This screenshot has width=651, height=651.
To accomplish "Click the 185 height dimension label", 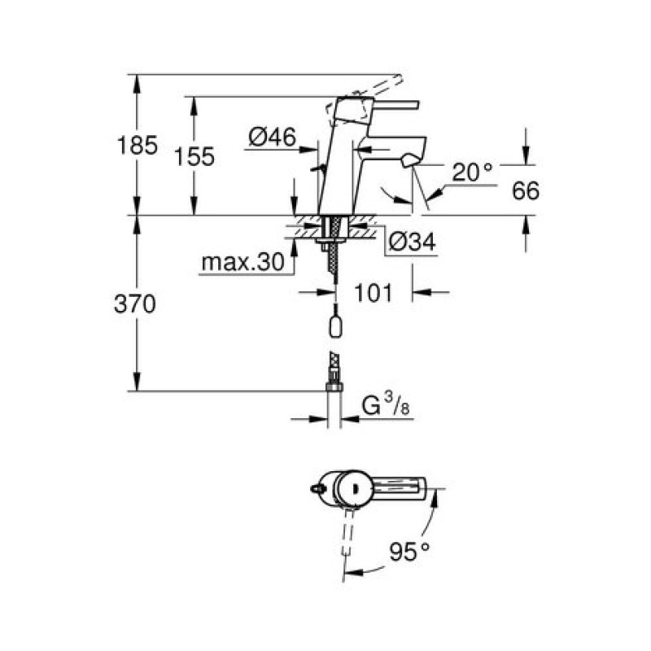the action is (138, 146).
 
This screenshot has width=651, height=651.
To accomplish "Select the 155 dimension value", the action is (194, 157).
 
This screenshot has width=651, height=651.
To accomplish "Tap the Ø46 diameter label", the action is (273, 137).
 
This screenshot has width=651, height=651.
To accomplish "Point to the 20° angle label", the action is (472, 172).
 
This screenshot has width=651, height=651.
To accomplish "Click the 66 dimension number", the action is (526, 190).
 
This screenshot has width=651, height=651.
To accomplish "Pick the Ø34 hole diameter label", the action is (413, 242).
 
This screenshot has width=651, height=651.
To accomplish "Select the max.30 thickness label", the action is (242, 262).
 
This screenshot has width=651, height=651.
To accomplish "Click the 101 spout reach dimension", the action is (373, 293).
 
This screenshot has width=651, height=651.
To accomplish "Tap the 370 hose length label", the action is (135, 304).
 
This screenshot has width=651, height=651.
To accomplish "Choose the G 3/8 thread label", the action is (385, 405).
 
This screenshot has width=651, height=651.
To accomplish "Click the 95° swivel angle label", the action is (409, 552).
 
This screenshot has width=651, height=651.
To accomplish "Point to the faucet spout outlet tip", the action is (410, 160).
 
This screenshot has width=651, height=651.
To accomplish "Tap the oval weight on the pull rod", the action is (335, 327).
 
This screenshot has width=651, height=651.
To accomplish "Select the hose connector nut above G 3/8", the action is (334, 388).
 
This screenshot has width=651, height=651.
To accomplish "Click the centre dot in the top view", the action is (354, 489).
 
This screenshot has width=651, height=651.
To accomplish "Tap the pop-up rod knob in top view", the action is (317, 489).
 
